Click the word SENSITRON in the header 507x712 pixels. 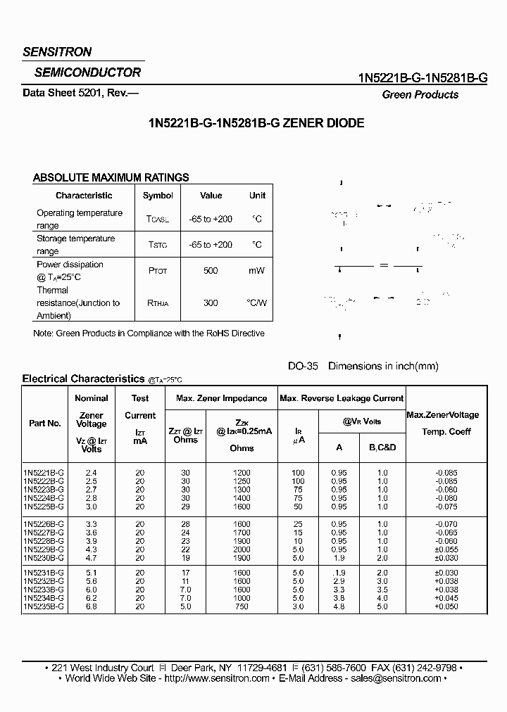[57, 52]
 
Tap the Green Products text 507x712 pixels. [420, 94]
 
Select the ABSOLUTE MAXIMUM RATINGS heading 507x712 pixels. [111, 178]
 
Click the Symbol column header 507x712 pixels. [158, 196]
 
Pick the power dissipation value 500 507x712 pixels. [211, 271]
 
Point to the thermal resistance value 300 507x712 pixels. [211, 303]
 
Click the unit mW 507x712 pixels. [256, 271]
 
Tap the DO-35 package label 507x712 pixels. [303, 366]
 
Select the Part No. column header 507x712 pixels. [44, 424]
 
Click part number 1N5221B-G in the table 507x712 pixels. [44, 473]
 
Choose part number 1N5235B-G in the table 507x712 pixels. [44, 606]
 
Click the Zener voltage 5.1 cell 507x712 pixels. [92, 573]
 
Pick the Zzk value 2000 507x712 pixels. [242, 548]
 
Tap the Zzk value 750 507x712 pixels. [242, 606]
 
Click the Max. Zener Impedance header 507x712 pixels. [221, 398]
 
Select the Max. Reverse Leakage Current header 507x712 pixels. [342, 398]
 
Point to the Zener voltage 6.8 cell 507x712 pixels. [92, 606]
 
